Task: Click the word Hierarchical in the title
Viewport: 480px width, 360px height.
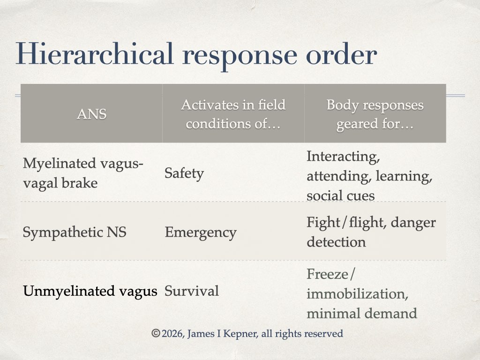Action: pos(95,54)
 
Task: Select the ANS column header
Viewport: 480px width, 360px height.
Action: pos(91,114)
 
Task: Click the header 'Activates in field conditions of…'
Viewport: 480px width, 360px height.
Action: pos(233,114)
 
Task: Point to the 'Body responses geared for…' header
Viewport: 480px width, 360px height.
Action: pos(375,114)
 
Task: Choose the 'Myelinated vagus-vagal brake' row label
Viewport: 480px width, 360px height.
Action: pos(83,173)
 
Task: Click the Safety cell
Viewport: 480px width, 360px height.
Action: pos(184,173)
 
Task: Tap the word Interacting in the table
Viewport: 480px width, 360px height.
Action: pos(343,157)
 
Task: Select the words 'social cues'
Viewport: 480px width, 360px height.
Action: pos(340,196)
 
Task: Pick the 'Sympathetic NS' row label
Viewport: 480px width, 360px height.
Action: pos(75,232)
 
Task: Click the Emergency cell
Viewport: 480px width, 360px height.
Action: pos(201,232)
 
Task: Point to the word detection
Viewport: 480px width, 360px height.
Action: pos(336,242)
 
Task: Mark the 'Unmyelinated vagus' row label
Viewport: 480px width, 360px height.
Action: pos(90,291)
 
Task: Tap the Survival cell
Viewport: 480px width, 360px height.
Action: pos(192,291)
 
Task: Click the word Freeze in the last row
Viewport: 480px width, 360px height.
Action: pos(327,274)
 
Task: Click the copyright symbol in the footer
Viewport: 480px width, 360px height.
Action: pos(156,333)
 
